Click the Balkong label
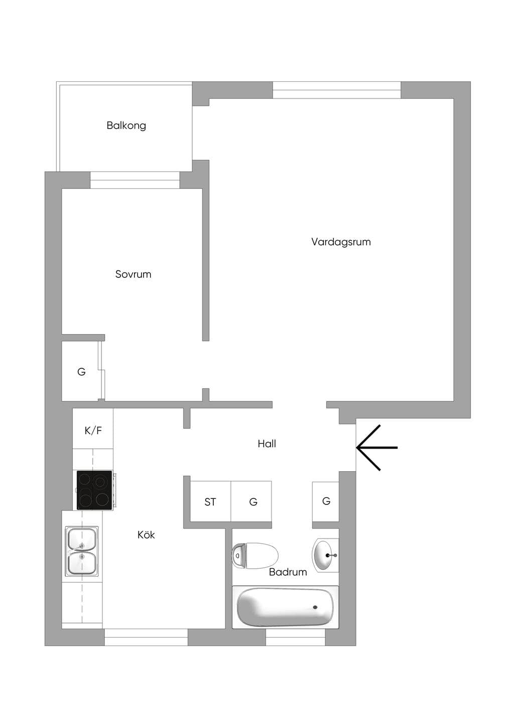126,126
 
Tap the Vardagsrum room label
341,242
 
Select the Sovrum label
133,274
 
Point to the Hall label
267,444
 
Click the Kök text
146,535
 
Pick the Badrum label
288,572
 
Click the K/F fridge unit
93,429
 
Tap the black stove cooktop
94,490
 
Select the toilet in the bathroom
255,556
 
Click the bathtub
286,607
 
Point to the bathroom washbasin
325,556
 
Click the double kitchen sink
81,552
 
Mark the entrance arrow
377,448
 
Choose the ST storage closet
210,501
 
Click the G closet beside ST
251,501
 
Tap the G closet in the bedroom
81,371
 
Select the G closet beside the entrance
326,501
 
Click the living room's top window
337,90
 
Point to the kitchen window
146,638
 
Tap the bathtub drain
315,607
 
